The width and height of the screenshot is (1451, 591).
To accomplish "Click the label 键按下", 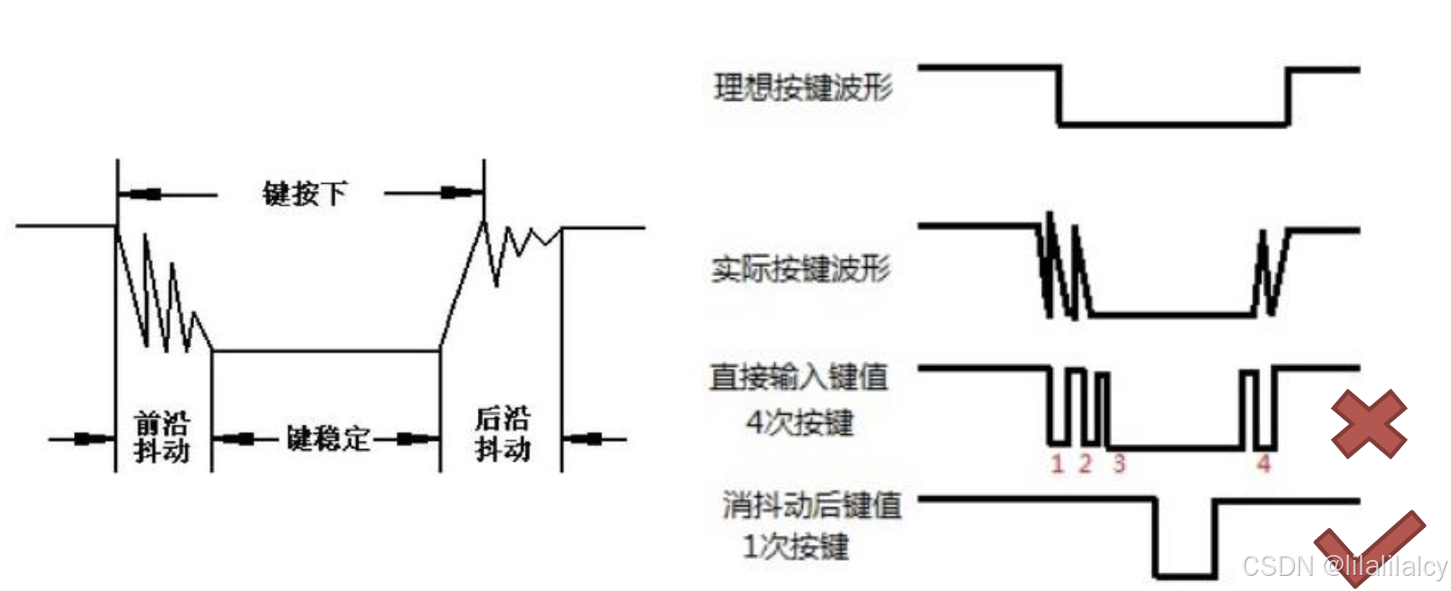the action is (304, 194).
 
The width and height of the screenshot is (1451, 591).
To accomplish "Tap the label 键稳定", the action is (327, 437).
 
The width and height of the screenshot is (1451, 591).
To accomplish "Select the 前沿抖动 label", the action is (162, 437).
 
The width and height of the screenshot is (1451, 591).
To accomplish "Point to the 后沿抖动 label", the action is (502, 434).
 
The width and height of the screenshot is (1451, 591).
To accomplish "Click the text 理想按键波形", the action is (803, 87).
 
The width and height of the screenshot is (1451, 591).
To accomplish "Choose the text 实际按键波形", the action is (800, 269).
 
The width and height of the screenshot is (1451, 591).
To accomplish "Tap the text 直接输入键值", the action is (799, 377).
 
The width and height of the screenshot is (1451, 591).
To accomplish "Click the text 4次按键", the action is (799, 421).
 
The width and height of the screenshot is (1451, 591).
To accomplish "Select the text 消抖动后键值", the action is (811, 505).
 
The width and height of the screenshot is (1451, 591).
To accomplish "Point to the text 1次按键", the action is (795, 547).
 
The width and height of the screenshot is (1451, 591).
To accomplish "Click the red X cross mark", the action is (1369, 424).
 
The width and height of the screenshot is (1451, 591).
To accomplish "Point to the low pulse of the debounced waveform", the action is (1185, 576).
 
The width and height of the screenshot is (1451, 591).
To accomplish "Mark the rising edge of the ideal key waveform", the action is (1289, 97).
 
